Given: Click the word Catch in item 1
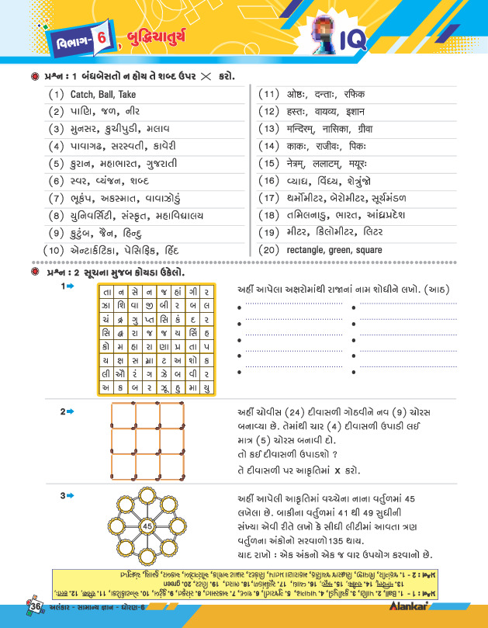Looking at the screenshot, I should [x=82, y=95].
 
